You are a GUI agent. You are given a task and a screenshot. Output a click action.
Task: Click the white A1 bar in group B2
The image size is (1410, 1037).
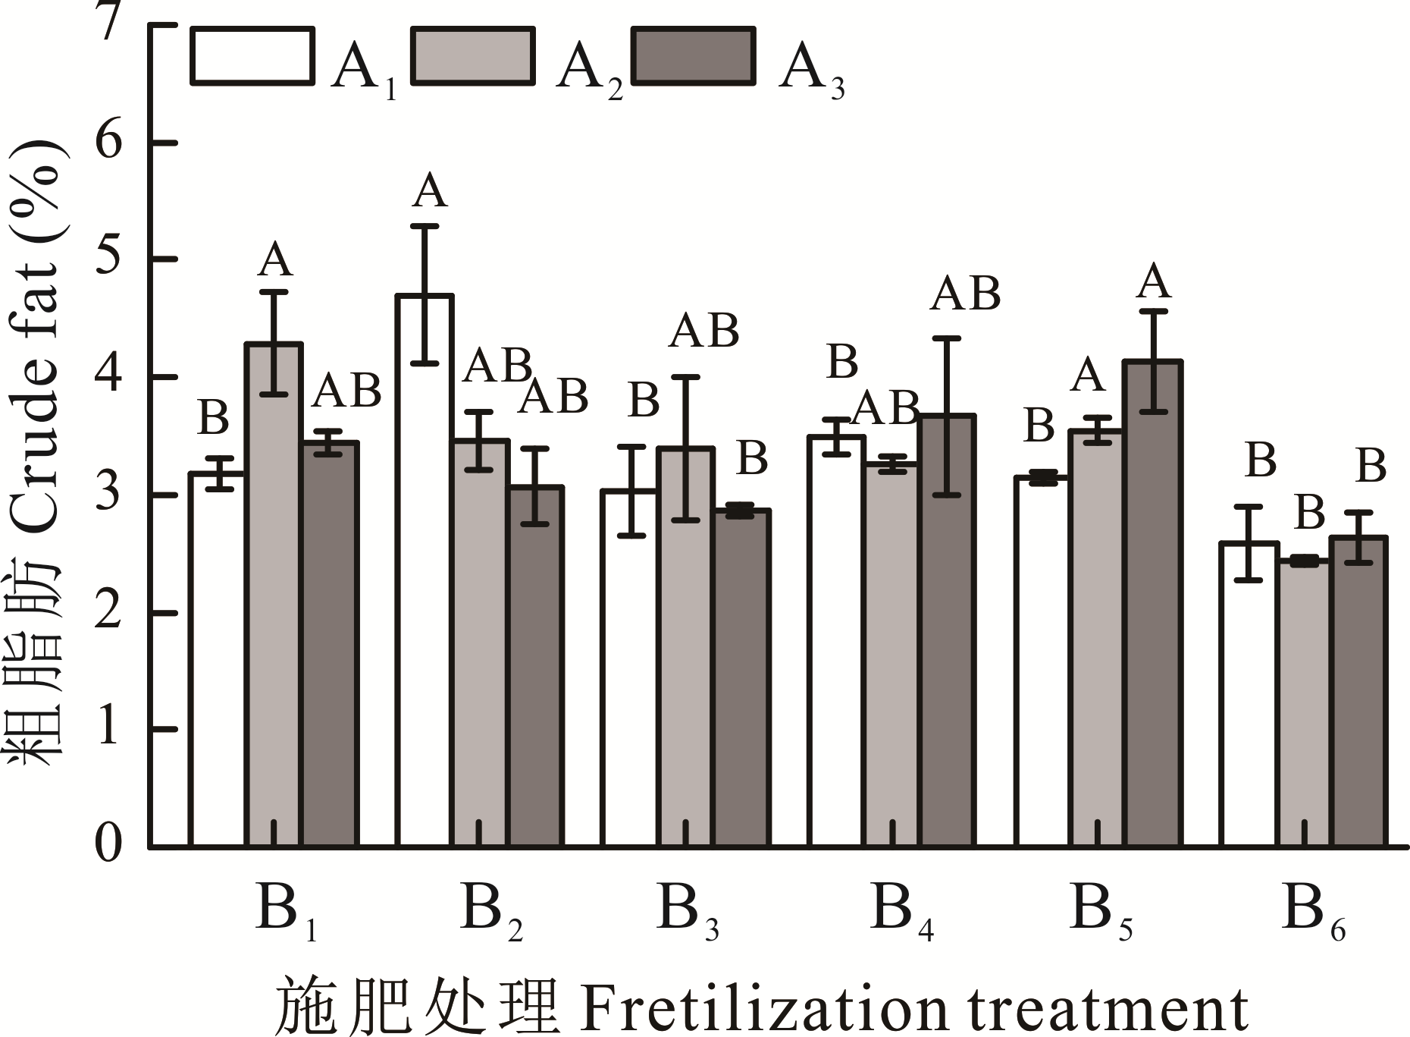pyautogui.click(x=425, y=569)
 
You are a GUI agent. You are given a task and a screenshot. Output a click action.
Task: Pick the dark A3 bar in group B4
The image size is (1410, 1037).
pyautogui.click(x=947, y=630)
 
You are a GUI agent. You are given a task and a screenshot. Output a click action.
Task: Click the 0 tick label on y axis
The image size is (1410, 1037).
pyautogui.click(x=108, y=844)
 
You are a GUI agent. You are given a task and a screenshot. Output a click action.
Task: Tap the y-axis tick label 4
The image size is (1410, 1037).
pyautogui.click(x=108, y=376)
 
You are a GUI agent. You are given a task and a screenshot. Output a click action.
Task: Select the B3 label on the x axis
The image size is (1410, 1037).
pyautogui.click(x=687, y=910)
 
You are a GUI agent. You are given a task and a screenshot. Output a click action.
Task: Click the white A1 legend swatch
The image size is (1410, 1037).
pyautogui.click(x=252, y=55)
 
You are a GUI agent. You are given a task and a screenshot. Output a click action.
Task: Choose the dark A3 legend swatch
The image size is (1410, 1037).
pyautogui.click(x=694, y=55)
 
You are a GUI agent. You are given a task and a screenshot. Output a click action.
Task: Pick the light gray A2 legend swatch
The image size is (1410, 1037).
pyautogui.click(x=472, y=55)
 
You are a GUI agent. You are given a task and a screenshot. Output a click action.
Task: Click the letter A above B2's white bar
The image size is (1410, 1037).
pyautogui.click(x=430, y=191)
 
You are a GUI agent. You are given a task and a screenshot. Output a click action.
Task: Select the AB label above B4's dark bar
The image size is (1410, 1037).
pyautogui.click(x=965, y=294)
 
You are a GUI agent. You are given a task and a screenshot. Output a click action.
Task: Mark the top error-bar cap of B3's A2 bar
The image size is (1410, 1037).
pyautogui.click(x=685, y=376)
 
